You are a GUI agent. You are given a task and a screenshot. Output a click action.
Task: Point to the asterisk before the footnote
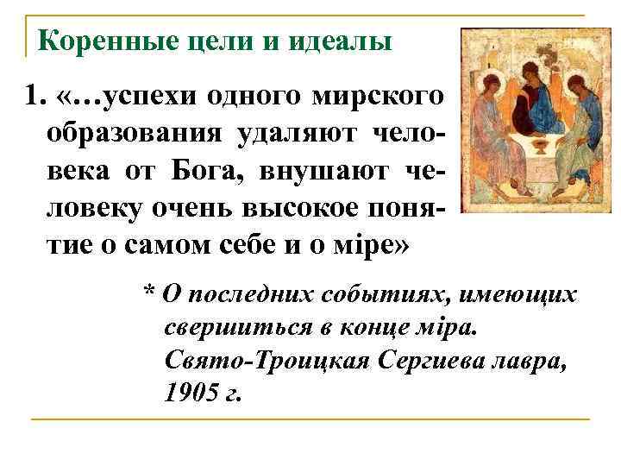point(148,296)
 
